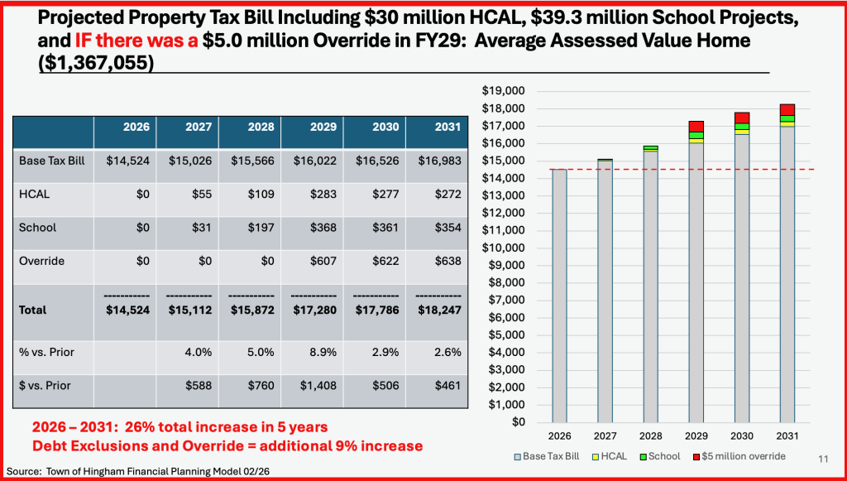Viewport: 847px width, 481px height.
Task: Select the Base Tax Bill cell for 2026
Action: pos(128,160)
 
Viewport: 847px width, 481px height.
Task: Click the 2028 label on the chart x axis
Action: pos(651,435)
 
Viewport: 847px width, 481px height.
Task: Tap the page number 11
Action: pos(823,458)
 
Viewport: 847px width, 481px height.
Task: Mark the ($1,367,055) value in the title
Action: pos(97,65)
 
